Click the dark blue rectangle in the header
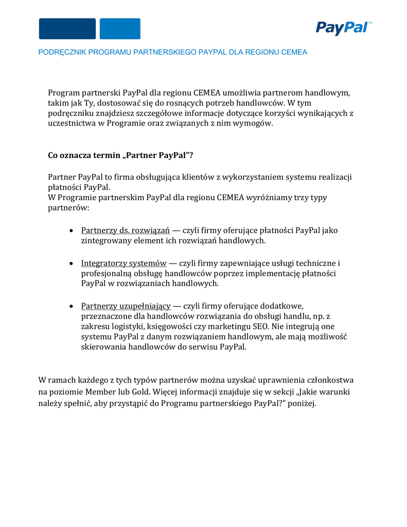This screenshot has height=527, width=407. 67,29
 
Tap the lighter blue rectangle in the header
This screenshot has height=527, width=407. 120,29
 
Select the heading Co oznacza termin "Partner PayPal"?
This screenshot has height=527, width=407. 120,155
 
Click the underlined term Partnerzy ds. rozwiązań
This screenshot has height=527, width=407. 125,230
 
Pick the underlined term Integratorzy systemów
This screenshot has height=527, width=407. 123,263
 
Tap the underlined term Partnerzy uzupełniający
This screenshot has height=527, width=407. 126,306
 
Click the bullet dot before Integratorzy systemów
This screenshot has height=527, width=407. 72,263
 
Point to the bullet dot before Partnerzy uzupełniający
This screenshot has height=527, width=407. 72,307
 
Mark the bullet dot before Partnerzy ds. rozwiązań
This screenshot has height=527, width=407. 72,231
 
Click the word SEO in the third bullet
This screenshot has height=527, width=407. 260,326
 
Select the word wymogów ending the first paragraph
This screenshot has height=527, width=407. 255,124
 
